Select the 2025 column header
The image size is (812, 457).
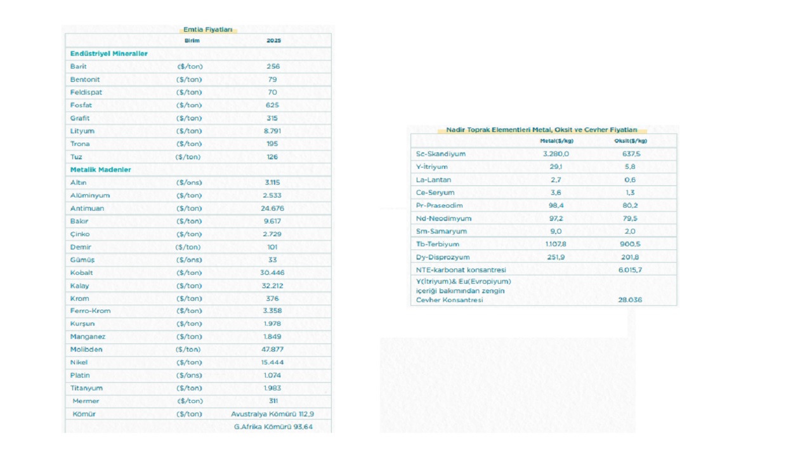click(x=273, y=41)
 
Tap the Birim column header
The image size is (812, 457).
click(x=192, y=41)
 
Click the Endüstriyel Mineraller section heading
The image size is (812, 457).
click(x=108, y=54)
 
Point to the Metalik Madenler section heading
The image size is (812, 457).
click(x=101, y=169)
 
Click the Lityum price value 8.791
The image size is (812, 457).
click(x=273, y=131)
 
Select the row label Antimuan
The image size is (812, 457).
click(x=87, y=208)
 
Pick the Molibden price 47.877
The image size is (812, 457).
click(x=273, y=349)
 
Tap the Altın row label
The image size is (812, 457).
click(x=79, y=183)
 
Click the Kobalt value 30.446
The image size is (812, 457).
click(x=273, y=272)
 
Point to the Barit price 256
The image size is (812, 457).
click(x=273, y=67)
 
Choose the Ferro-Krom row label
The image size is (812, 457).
click(x=91, y=311)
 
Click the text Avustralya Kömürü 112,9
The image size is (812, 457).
click(x=272, y=414)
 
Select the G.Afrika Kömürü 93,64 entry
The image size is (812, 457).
click(x=273, y=427)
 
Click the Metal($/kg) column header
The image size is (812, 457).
click(x=556, y=141)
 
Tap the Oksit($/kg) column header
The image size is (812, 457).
click(x=631, y=141)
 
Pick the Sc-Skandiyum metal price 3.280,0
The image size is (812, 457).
click(x=556, y=154)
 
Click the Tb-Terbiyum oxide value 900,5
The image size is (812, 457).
click(x=630, y=244)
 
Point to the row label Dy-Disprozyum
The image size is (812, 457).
click(x=437, y=257)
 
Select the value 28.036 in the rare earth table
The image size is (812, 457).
click(x=630, y=300)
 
